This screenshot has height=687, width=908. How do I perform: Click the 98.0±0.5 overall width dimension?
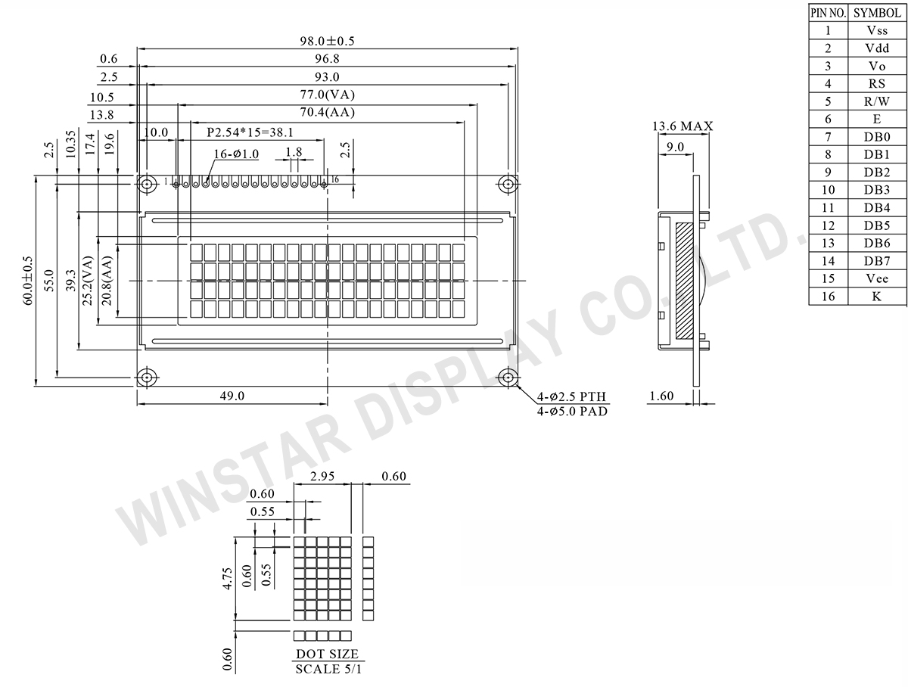(x=327, y=41)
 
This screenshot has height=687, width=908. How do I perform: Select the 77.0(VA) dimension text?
(x=327, y=95)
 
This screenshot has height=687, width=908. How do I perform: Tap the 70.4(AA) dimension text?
(x=327, y=112)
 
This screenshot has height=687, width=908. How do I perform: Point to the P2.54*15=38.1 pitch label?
(x=250, y=132)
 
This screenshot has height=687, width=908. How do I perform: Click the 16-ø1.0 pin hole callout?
(x=236, y=154)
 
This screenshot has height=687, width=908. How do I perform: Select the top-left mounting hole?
(x=146, y=183)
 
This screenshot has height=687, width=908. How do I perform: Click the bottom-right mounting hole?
(x=508, y=378)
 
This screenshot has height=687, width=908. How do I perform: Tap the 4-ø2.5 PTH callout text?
(x=571, y=396)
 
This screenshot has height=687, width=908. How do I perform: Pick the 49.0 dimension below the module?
(x=232, y=396)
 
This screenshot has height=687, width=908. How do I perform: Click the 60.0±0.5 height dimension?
(x=28, y=281)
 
